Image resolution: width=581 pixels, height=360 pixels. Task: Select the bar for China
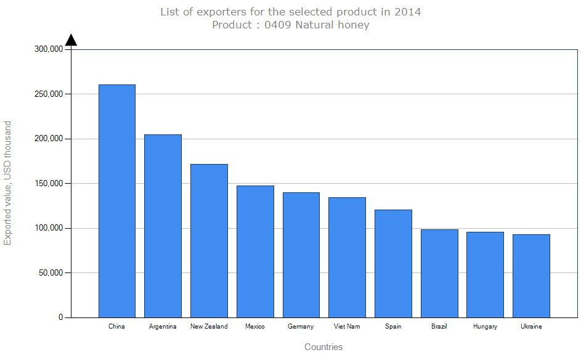(x=117, y=201)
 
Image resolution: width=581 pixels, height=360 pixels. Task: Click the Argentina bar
(x=163, y=226)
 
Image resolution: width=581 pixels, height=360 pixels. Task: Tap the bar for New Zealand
(x=209, y=240)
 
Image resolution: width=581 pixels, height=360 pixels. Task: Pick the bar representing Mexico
(x=255, y=252)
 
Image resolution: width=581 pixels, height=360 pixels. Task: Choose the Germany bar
(x=301, y=255)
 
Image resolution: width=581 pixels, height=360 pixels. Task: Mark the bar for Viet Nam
(x=347, y=257)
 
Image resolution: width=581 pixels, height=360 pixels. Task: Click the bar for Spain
(x=393, y=263)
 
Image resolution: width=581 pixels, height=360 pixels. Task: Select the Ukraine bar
(x=531, y=276)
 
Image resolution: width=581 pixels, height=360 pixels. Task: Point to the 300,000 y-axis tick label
(x=49, y=49)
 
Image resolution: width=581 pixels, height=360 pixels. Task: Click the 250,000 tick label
(x=49, y=94)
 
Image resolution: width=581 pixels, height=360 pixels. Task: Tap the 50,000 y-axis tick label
(x=51, y=272)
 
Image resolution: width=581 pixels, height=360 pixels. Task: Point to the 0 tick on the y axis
(x=61, y=317)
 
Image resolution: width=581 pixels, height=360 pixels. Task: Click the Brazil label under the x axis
(x=439, y=327)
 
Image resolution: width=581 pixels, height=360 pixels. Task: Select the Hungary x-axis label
(x=485, y=327)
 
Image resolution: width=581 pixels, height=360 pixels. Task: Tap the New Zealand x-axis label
(x=209, y=327)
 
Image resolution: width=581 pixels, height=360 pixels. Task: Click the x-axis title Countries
(x=323, y=347)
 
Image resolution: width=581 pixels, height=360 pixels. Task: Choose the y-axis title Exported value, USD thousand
(x=7, y=183)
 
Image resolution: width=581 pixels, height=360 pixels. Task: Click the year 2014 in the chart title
(x=408, y=12)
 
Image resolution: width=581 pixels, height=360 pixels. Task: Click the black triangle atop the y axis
(x=71, y=40)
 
